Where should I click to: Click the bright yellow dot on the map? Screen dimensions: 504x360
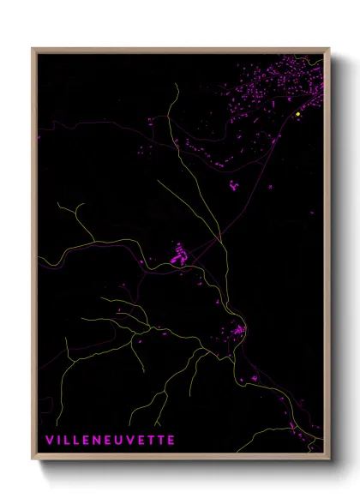point(297,114)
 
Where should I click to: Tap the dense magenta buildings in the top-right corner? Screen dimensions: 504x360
point(291,81)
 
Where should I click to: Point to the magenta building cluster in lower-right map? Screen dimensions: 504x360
point(237,329)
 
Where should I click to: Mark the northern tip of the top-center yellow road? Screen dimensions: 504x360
point(177,84)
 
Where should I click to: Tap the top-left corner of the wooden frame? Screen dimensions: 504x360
point(33,49)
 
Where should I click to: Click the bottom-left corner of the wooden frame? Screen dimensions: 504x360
point(33,460)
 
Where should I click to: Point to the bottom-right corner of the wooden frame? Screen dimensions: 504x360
point(329,460)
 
